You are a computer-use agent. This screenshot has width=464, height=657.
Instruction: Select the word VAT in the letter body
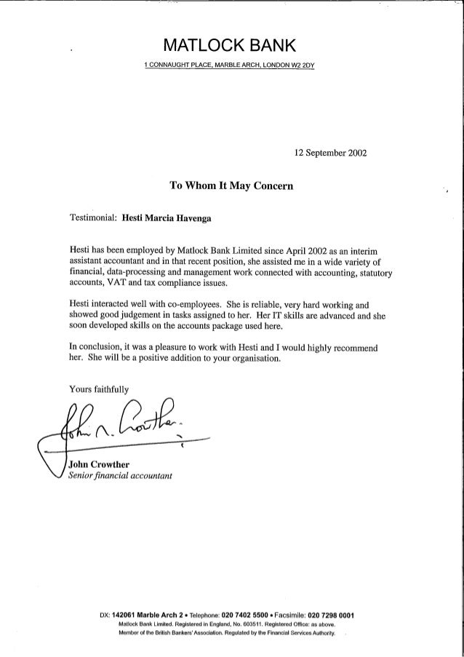(x=122, y=283)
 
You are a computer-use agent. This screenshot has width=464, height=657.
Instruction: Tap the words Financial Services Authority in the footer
(x=301, y=634)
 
